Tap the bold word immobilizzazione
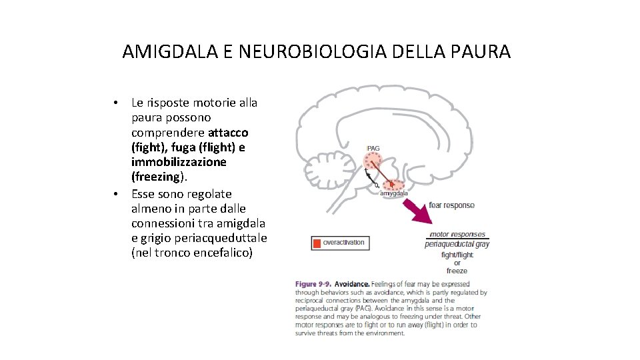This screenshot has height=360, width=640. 179,162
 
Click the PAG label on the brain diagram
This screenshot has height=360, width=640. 374,147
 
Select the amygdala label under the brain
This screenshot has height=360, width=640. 394,193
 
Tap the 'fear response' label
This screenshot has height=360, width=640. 451,205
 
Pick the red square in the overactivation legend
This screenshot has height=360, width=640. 317,243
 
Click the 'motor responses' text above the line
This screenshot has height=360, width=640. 457,234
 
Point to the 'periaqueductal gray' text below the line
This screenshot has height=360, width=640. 457,244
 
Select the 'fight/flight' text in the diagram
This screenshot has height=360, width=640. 457,255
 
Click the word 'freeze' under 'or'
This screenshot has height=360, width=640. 457,271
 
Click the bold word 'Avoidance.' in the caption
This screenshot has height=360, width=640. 351,283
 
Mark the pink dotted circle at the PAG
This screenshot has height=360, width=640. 375,161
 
